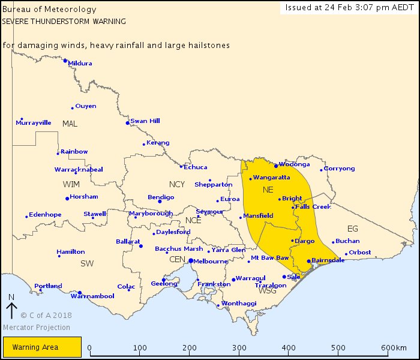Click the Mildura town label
[80, 63]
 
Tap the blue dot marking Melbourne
[191, 261]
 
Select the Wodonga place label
[294, 164]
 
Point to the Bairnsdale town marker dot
[308, 261]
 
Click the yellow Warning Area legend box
[41, 347]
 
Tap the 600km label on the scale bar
[393, 348]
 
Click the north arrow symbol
[11, 309]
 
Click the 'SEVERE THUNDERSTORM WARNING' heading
[64, 20]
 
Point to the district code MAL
[70, 124]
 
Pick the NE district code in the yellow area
[268, 190]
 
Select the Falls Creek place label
[313, 207]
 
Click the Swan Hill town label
[145, 121]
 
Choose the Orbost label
[360, 252]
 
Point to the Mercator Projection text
[36, 328]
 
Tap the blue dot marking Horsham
[67, 199]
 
